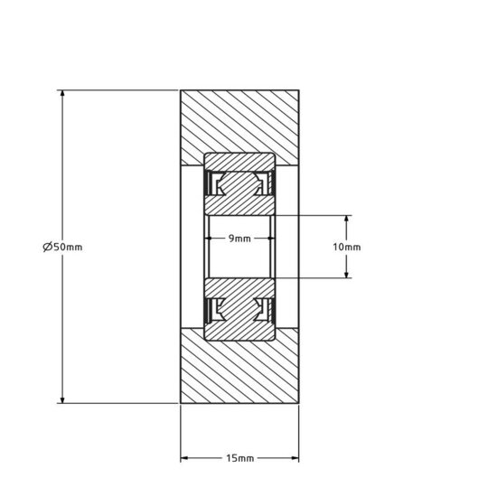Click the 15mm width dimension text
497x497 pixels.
(239, 458)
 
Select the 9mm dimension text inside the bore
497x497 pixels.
(239, 239)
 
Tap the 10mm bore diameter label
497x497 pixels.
(347, 247)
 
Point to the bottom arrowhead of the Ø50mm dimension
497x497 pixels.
(61, 399)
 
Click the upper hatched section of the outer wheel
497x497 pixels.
(239, 122)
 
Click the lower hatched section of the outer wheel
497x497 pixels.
(239, 370)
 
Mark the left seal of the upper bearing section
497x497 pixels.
(216, 186)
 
